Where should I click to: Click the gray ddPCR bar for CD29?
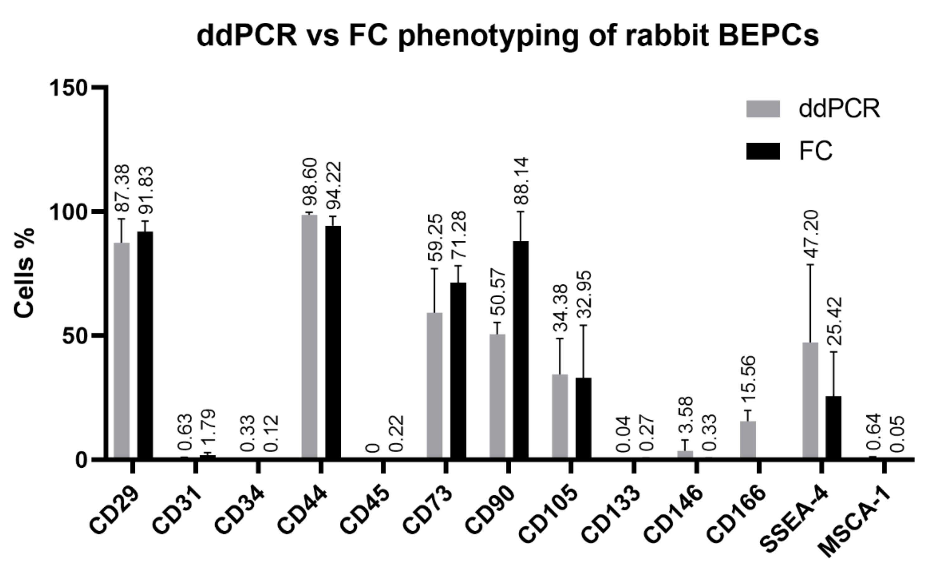tap(121, 350)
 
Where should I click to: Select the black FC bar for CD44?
tap(333, 342)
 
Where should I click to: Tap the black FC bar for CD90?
tap(520, 349)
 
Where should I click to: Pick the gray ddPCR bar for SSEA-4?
tap(810, 400)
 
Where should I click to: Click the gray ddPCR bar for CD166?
tap(748, 439)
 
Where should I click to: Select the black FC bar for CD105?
tap(583, 417)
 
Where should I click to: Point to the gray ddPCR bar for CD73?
tap(434, 385)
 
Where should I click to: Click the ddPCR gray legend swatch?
tap(763, 109)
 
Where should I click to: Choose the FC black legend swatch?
tap(763, 151)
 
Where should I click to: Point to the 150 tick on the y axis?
tap(69, 88)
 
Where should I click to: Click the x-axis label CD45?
tap(365, 509)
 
